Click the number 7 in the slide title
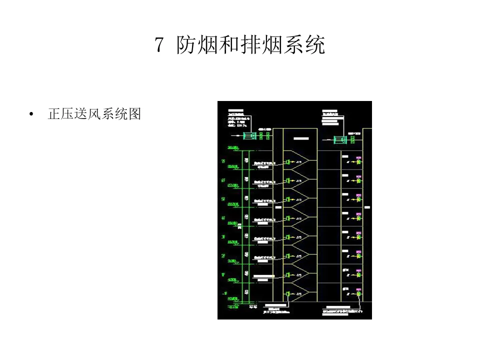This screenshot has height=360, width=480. click(159, 45)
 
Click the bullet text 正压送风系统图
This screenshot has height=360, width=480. click(94, 114)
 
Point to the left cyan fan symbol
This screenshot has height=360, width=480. click(248, 135)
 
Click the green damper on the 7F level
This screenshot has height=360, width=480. click(289, 162)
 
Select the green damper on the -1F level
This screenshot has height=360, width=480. click(289, 294)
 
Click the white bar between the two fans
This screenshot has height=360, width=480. click(301, 138)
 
